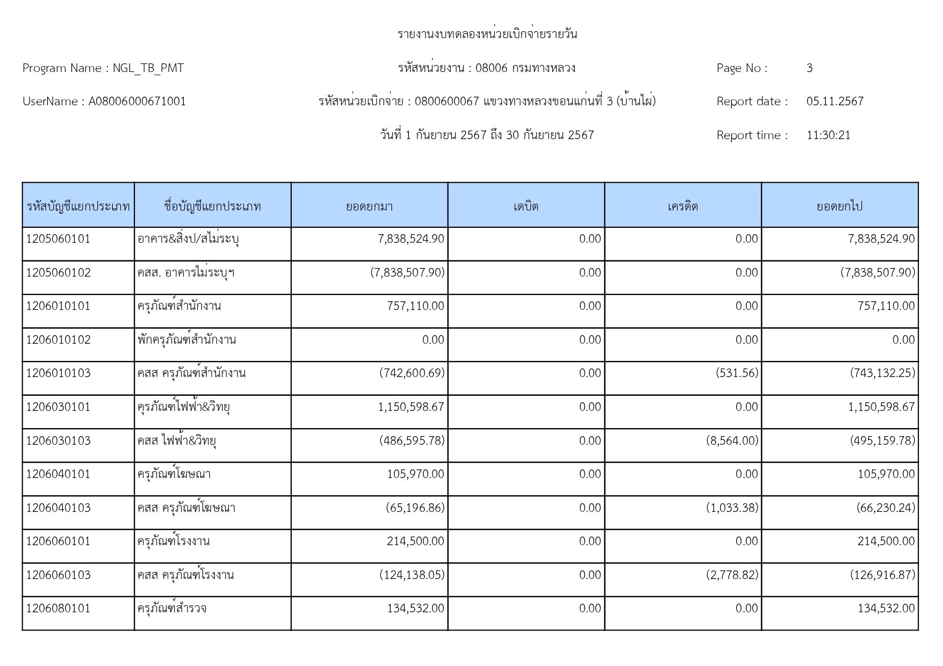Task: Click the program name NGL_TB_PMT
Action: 148,68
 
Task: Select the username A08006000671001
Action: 137,102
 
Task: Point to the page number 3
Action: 809,68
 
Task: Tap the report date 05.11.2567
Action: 834,102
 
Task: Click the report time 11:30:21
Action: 828,135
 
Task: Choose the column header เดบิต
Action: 526,206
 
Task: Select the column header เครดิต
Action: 682,206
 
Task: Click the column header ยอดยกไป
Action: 839,206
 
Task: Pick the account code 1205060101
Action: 59,239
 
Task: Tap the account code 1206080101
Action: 59,609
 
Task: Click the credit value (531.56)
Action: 737,373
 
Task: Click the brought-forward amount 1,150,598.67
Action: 411,407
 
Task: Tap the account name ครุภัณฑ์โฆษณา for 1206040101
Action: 174,474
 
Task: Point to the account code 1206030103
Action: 59,441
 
